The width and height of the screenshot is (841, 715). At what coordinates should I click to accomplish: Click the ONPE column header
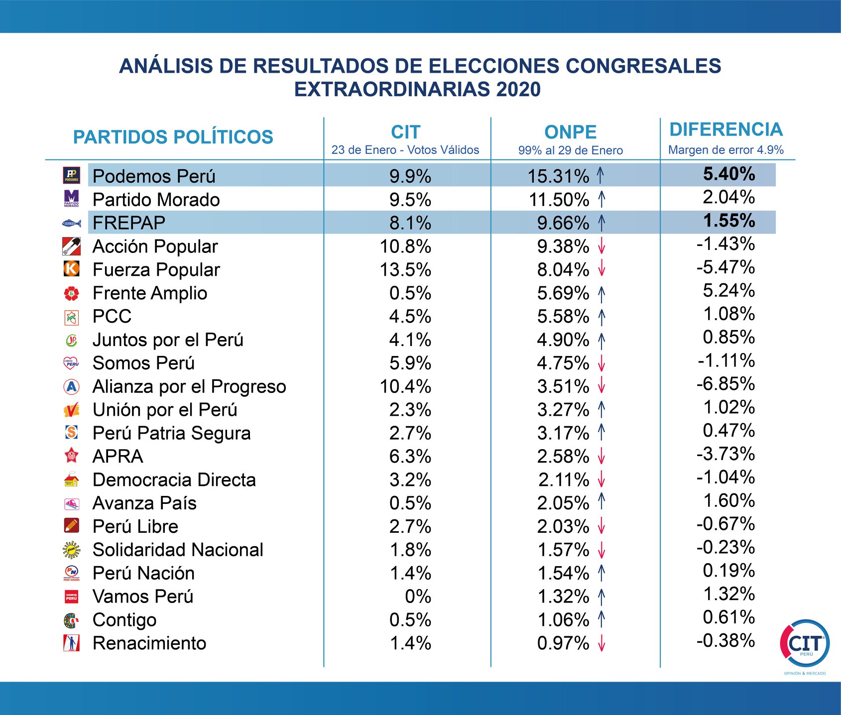tap(570, 132)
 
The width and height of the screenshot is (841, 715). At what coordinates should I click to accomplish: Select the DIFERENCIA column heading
tap(726, 129)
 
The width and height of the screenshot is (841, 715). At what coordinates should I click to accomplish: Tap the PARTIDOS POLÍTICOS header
tap(173, 137)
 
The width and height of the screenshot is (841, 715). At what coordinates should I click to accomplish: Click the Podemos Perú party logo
tap(71, 175)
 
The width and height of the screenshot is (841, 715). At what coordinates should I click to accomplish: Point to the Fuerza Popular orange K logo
tap(72, 269)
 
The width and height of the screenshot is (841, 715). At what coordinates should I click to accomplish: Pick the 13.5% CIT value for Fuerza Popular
tap(405, 270)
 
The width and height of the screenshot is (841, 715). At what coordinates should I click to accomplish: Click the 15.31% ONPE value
tap(558, 176)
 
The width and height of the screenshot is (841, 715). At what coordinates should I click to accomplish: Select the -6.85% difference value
tap(726, 384)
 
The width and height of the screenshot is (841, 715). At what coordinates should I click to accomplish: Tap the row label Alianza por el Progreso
tap(189, 386)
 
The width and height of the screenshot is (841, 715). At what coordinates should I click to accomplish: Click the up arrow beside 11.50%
tap(601, 199)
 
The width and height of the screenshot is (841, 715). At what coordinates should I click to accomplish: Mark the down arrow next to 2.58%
tap(601, 456)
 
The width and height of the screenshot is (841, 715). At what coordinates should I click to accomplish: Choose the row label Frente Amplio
tap(150, 293)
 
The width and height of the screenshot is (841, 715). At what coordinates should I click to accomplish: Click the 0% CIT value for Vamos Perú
tap(418, 596)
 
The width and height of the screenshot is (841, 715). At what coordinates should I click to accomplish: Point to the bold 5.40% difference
tap(729, 174)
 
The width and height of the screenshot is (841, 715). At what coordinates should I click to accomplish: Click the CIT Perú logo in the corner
tap(805, 644)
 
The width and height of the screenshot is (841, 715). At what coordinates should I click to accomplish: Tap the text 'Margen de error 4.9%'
tap(726, 150)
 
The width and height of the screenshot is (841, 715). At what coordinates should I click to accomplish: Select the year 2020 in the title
tap(518, 90)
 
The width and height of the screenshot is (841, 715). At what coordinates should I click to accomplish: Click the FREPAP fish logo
tap(71, 223)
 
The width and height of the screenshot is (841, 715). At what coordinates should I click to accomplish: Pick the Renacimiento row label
tap(149, 643)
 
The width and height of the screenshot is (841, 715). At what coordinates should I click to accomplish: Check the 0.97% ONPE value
tap(563, 643)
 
